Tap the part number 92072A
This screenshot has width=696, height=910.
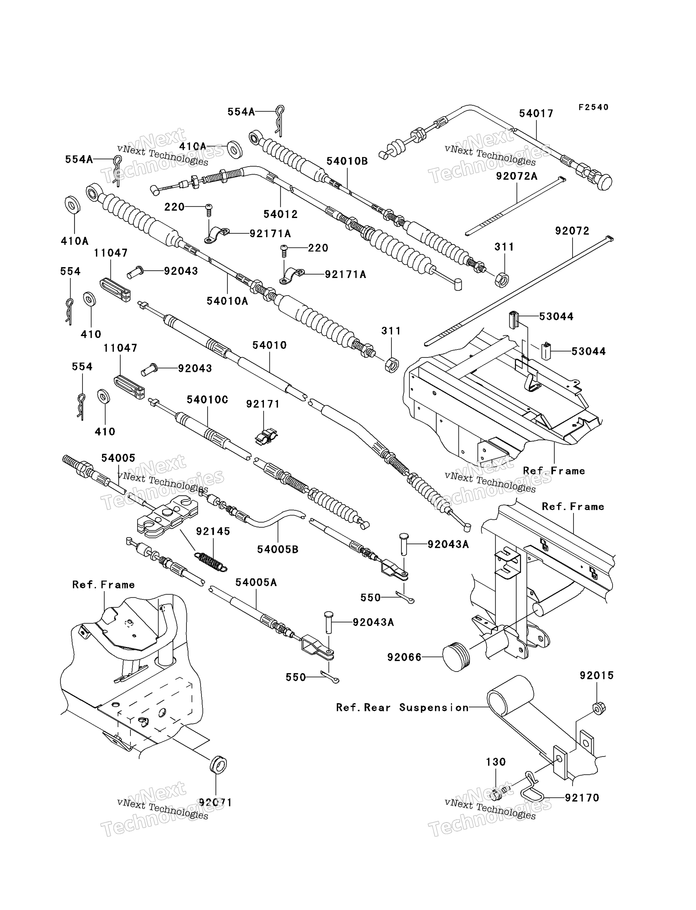pyautogui.click(x=517, y=176)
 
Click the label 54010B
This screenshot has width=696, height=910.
pyautogui.click(x=347, y=162)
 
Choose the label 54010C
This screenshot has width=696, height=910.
pyautogui.click(x=207, y=400)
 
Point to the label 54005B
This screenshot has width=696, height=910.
pyautogui.click(x=278, y=550)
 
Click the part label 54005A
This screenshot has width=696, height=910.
pyautogui.click(x=256, y=582)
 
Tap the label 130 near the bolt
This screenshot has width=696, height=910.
pyautogui.click(x=495, y=762)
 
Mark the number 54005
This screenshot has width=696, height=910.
pyautogui.click(x=118, y=458)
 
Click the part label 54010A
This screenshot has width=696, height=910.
pyautogui.click(x=227, y=301)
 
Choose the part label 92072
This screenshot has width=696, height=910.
pyautogui.click(x=572, y=231)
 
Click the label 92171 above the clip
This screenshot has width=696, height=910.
pyautogui.click(x=263, y=404)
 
